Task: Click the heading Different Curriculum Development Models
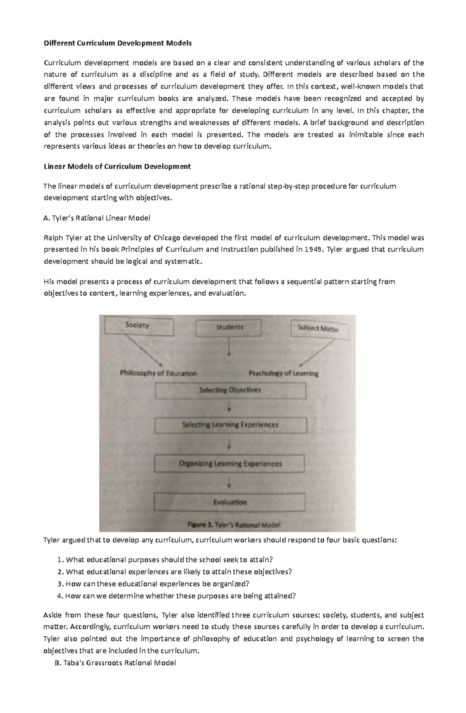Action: click(118, 43)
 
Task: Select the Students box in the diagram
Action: click(229, 328)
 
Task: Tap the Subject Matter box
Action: click(319, 329)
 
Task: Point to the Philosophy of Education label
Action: click(158, 373)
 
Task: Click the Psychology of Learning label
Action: click(283, 373)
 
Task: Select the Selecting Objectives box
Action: click(230, 390)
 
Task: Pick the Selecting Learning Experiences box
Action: click(230, 425)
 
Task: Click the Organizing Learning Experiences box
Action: click(230, 464)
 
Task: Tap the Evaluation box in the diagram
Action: click(230, 502)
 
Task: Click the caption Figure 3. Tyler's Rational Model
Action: click(234, 525)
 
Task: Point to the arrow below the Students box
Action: click(229, 347)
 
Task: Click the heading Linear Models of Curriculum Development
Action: click(117, 167)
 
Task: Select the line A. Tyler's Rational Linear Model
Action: click(97, 218)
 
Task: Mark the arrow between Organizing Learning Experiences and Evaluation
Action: click(230, 483)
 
